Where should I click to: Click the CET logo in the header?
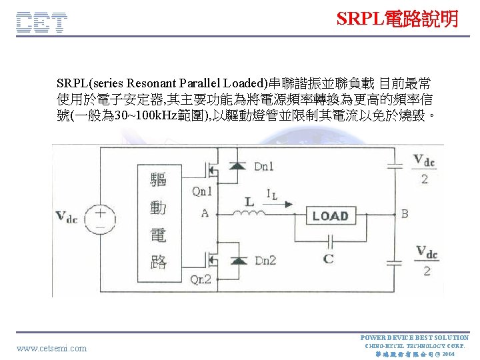41,23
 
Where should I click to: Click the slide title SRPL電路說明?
397,19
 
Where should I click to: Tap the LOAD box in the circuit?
331,216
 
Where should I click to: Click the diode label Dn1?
263,167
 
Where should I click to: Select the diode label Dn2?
264,260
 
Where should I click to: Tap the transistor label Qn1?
201,191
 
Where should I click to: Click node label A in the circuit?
204,213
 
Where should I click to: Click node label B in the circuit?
404,214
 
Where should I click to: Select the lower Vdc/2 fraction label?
427,261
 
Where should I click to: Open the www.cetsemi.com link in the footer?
51,348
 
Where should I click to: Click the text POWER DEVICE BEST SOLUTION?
414,337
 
